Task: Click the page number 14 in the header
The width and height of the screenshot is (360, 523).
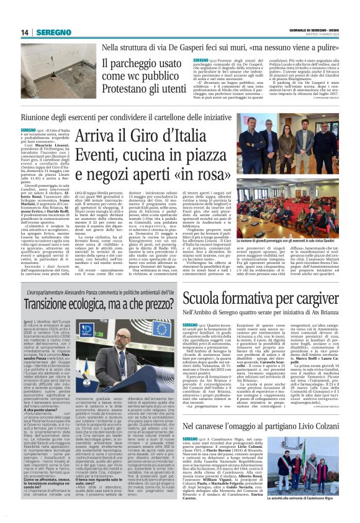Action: (25, 32)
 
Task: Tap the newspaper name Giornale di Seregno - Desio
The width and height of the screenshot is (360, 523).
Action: (317, 30)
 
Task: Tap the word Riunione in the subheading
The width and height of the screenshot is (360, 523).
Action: (38, 118)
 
